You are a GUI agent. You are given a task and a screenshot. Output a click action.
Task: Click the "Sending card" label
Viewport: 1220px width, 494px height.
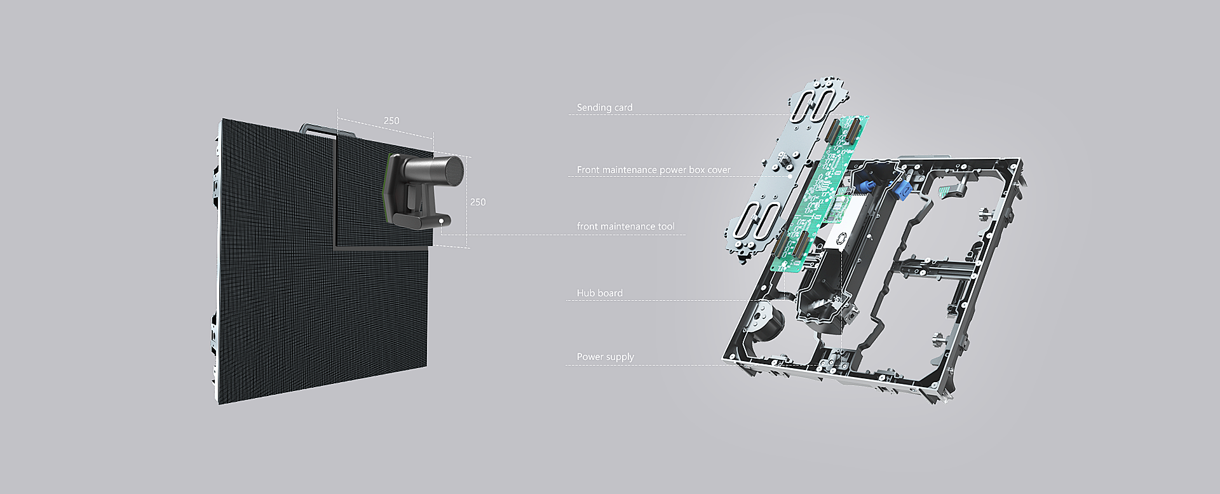pyautogui.click(x=604, y=107)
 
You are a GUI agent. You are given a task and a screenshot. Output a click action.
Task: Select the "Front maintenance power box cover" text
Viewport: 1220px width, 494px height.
pyautogui.click(x=653, y=170)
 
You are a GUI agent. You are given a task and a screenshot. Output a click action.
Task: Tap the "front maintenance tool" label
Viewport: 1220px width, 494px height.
pyautogui.click(x=625, y=226)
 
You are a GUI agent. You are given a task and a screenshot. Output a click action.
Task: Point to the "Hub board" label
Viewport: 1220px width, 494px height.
pyautogui.click(x=599, y=293)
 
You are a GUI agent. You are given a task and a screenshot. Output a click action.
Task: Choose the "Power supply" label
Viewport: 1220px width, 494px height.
pyautogui.click(x=605, y=357)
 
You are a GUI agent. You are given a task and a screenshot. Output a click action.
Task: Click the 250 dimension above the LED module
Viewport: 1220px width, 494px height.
pyautogui.click(x=391, y=121)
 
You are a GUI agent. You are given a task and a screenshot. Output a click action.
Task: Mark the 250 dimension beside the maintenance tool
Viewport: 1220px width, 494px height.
pyautogui.click(x=478, y=202)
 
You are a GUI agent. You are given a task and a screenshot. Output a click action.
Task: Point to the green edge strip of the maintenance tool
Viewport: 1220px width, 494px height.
pyautogui.click(x=387, y=188)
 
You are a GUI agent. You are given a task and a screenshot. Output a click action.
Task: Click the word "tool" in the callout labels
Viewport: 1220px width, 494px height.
pyautogui.click(x=666, y=226)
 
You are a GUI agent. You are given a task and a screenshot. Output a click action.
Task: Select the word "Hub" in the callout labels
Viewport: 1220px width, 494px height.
pyautogui.click(x=585, y=293)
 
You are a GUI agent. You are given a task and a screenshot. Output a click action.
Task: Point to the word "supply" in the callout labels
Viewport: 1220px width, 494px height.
pyautogui.click(x=620, y=357)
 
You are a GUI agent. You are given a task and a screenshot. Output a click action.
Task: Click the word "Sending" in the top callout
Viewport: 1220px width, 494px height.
pyautogui.click(x=594, y=107)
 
